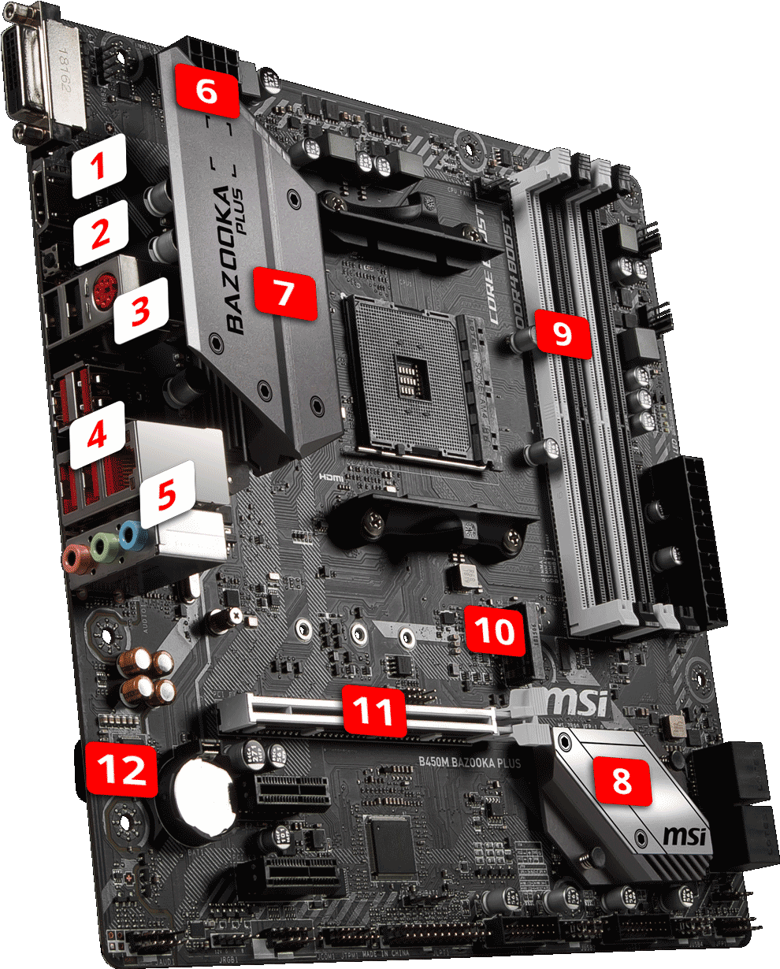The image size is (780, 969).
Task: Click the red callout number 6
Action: point(205,91)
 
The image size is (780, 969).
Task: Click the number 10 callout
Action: point(493,629)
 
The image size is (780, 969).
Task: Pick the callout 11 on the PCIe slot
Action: point(373,711)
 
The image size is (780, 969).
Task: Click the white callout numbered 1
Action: point(98,165)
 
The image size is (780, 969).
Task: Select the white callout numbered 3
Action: point(140,310)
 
